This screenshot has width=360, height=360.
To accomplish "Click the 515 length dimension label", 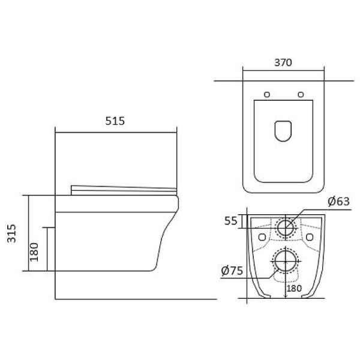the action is (x=115, y=121).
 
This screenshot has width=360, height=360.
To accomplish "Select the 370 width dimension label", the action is (x=283, y=62).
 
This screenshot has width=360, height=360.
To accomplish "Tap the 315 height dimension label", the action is (x=11, y=233).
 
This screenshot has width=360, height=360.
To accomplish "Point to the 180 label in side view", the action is (x=34, y=252).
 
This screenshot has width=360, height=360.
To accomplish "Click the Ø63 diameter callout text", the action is (x=338, y=202).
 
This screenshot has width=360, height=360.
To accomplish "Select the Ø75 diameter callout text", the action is (x=232, y=271).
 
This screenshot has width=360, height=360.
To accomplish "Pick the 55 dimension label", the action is (x=230, y=221).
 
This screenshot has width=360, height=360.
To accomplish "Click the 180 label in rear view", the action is (x=294, y=289).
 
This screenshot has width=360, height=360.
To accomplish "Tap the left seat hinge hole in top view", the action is (x=267, y=94).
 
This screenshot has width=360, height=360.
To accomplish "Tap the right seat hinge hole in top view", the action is (x=301, y=94).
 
